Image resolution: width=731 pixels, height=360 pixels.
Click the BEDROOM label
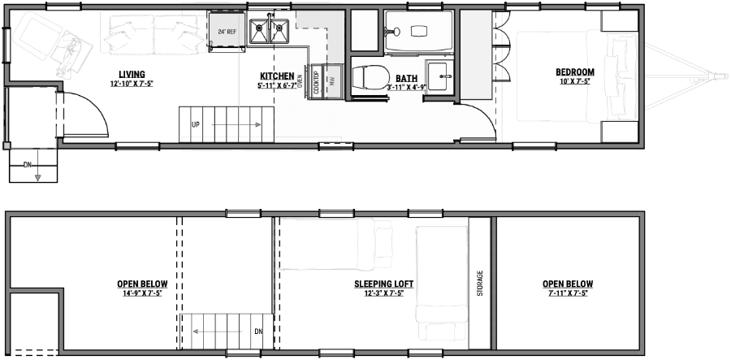tap(576, 71)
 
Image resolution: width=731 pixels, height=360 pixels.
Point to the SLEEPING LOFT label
tap(384, 284)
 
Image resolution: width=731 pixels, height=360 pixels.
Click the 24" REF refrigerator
tap(227, 32)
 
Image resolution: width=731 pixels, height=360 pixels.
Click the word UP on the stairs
tap(196, 125)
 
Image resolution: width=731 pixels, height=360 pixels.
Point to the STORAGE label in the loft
tap(481, 284)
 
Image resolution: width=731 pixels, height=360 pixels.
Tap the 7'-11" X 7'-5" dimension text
tap(568, 293)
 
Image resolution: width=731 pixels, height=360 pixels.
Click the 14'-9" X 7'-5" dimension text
tap(139, 293)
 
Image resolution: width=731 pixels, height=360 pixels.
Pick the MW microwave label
tap(331, 80)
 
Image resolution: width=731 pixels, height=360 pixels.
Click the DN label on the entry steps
tap(28, 165)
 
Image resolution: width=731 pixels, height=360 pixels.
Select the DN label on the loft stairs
tap(258, 331)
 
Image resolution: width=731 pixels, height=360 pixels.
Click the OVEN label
tap(300, 79)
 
